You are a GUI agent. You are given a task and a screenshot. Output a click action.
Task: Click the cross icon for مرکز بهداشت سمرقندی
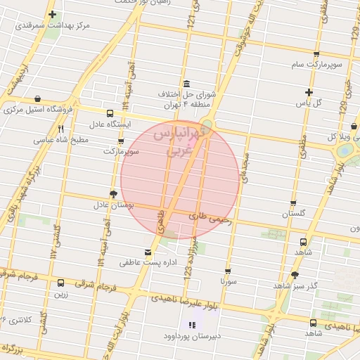(53, 14)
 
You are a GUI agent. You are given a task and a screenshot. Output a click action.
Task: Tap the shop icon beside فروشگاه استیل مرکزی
(37, 99)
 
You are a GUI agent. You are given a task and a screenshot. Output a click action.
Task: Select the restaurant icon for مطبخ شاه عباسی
(60, 129)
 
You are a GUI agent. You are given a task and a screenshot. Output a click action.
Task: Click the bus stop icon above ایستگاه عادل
(110, 113)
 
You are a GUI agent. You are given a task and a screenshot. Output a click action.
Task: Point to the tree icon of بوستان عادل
(113, 193)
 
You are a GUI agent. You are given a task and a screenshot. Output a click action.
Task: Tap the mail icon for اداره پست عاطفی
(147, 252)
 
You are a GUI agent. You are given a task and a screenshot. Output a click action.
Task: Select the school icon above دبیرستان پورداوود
(191, 325)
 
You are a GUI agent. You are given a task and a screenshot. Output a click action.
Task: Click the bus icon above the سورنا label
(228, 271)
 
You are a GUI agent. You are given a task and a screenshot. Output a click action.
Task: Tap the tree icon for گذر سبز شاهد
(294, 275)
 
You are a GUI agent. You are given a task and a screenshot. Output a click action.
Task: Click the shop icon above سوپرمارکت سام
(316, 54)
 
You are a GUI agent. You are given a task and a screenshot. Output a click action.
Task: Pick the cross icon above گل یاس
(309, 92)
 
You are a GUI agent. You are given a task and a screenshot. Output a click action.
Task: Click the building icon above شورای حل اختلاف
(186, 83)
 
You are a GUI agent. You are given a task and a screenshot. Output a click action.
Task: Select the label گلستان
(295, 213)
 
